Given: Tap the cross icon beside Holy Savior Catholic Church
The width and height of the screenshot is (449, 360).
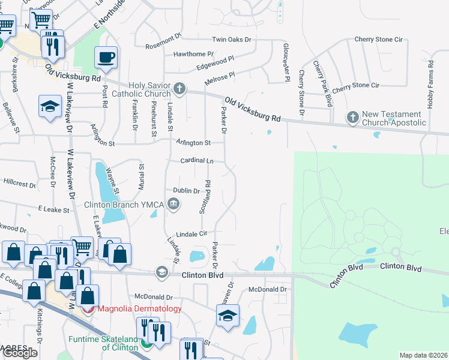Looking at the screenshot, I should point(179,90).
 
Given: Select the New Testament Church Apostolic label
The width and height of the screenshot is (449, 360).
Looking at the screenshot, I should point(394,119).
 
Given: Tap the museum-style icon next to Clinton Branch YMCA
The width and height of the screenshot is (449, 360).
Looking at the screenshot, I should point(173,205).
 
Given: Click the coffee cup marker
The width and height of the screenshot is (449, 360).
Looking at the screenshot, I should point(106,58).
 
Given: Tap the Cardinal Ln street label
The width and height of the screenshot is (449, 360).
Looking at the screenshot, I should point(197,161).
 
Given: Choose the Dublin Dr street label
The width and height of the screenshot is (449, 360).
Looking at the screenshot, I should point(186,191).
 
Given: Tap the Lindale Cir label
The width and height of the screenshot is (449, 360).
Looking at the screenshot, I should point(191,233).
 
